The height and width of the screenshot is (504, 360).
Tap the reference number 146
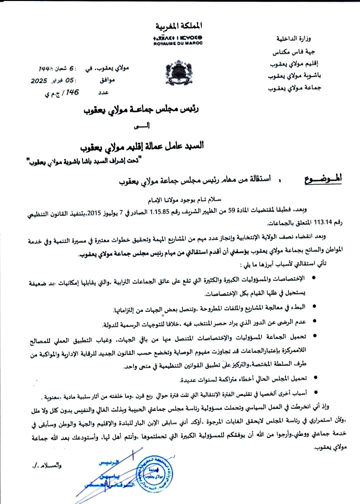click(x=71, y=92)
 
